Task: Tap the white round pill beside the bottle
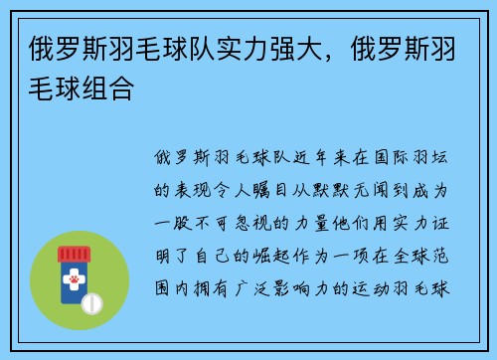click(90, 301)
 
